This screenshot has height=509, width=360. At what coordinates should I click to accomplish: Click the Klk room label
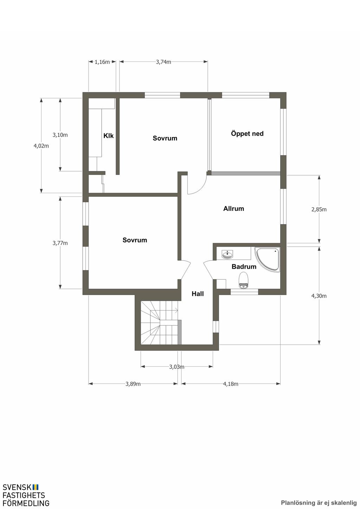point(109,136)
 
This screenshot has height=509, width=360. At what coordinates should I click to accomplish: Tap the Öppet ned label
point(247,133)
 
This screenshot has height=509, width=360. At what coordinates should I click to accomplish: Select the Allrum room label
point(233,209)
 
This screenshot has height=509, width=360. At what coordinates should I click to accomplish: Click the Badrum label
point(244,267)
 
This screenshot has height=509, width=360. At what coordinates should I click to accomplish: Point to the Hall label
point(198,294)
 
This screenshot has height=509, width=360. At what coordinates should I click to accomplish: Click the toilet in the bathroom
point(244,281)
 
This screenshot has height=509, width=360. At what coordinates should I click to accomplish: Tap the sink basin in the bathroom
point(227,254)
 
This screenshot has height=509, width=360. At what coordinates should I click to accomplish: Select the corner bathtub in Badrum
point(268,260)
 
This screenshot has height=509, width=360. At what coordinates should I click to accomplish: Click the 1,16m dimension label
point(102,62)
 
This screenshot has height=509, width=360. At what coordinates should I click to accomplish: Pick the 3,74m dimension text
point(163,62)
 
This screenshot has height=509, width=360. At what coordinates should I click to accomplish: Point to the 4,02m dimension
point(41,146)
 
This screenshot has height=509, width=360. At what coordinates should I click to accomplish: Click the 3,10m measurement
point(60,135)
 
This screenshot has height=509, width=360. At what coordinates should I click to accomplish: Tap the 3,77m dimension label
point(60,243)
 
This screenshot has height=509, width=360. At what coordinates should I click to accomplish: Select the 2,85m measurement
point(319,209)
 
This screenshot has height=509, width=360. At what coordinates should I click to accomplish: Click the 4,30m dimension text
point(319,296)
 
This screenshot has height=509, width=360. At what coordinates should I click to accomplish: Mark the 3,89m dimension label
point(133,384)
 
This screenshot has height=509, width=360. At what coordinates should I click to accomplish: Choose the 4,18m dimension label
point(231,384)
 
